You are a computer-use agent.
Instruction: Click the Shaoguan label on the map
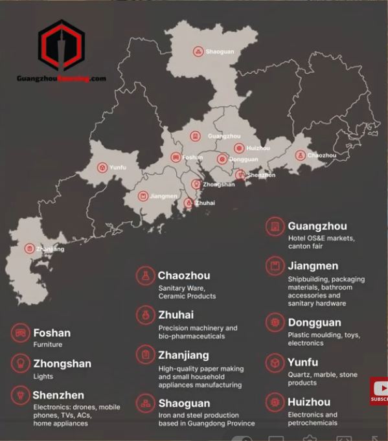[220, 51]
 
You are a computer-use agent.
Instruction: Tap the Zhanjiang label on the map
[50, 249]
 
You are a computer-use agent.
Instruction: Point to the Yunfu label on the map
[118, 168]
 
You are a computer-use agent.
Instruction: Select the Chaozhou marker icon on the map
[300, 155]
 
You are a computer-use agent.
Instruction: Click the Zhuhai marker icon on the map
[188, 203]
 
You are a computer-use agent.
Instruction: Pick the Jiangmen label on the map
[163, 196]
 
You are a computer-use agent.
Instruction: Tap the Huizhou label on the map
[258, 148]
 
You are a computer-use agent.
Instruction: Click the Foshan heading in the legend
[52, 333]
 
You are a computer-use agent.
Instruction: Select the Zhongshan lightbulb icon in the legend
[21, 364]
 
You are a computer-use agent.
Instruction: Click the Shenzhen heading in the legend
[58, 395]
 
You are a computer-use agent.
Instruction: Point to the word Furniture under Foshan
[48, 345]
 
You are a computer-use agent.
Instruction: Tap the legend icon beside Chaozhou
[145, 276]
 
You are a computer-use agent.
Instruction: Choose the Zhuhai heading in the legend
[176, 315]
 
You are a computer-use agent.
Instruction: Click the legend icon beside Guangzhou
[275, 227]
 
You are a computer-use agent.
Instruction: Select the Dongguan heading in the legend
[314, 322]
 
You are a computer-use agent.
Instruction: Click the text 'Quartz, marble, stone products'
[322, 379]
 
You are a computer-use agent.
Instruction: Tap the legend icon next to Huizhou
[275, 402]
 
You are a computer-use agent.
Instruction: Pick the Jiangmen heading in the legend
[313, 266]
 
